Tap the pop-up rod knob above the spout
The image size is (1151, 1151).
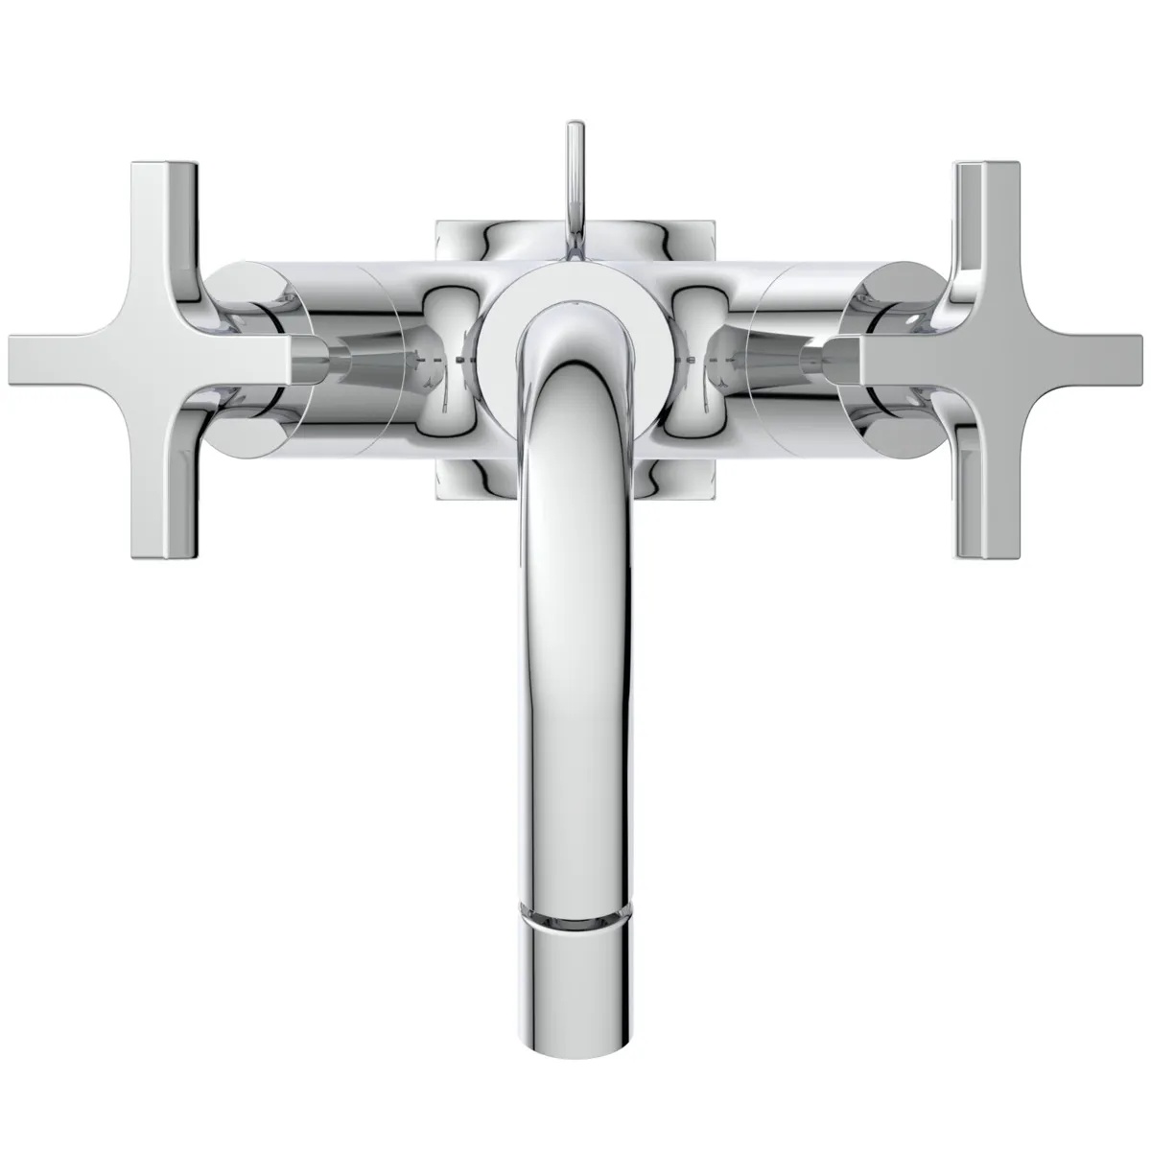coord(575,144)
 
